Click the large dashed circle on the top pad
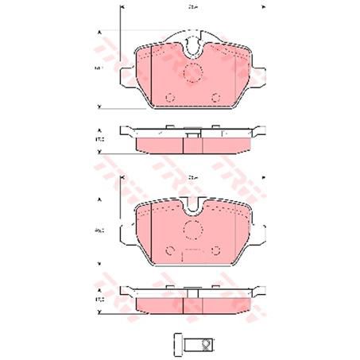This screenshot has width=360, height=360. tap(191, 72)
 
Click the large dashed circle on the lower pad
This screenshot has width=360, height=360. tap(191, 230)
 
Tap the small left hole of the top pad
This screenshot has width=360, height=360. tap(168, 97)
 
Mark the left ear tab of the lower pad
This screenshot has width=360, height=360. tap(126, 234)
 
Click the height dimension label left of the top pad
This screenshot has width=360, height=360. tap(99, 69)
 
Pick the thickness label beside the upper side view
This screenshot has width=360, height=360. tap(99, 140)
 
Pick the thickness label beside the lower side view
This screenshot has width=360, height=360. tap(99, 299)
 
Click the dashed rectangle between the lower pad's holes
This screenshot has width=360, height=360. tap(191, 254)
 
